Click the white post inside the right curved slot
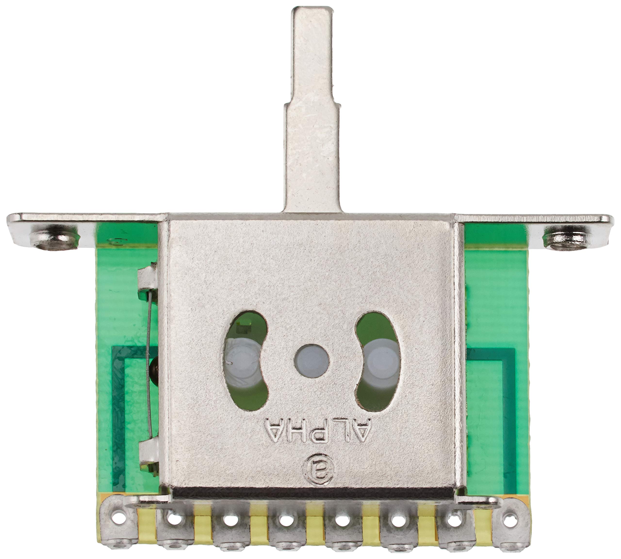379,361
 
